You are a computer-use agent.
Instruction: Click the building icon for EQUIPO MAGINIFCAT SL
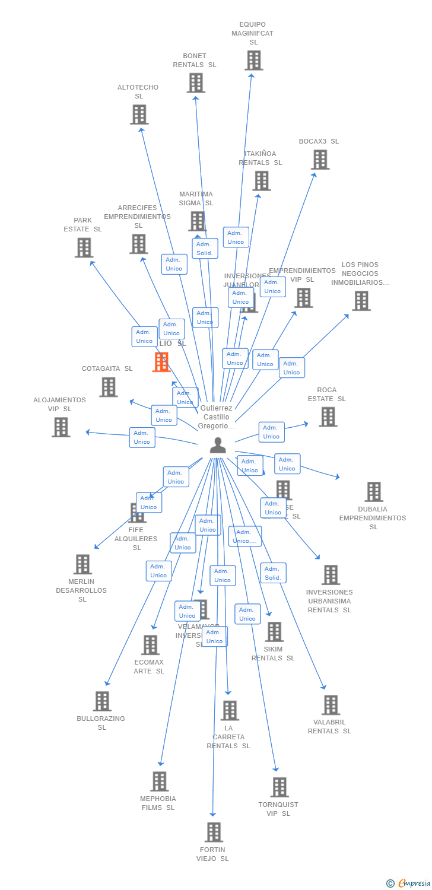(254, 61)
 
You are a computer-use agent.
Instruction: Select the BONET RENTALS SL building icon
(196, 83)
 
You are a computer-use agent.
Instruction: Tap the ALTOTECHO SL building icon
(139, 115)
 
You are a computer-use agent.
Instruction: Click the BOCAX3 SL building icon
(320, 160)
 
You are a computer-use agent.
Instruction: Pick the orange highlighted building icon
(161, 362)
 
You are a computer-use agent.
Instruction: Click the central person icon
(218, 445)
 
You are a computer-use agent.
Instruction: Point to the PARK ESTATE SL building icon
(84, 247)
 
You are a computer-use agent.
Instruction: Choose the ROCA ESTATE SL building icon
(328, 417)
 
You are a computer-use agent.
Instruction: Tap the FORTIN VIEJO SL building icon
(214, 832)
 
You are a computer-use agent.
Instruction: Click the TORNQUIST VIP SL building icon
(279, 787)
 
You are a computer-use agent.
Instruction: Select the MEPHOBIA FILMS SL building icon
(159, 781)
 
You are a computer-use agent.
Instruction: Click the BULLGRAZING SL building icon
(102, 701)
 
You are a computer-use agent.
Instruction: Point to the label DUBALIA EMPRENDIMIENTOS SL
(373, 518)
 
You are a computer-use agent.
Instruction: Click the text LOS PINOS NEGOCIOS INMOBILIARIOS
(360, 274)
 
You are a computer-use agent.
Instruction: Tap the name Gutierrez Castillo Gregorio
(217, 417)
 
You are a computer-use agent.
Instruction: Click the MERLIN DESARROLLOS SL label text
(82, 590)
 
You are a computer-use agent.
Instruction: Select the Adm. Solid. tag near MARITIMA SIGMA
(205, 249)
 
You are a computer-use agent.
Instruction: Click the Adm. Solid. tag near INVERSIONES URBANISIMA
(273, 573)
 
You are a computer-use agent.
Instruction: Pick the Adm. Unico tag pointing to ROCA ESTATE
(271, 432)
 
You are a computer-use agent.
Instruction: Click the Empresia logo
(409, 883)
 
